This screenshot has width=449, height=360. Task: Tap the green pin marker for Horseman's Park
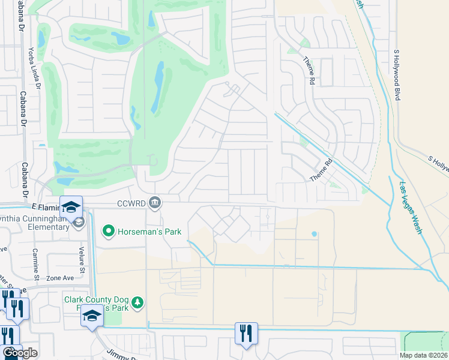pyautogui.click(x=109, y=230)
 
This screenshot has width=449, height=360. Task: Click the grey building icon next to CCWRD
pyautogui.click(x=155, y=202)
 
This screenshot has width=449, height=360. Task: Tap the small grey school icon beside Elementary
pyautogui.click(x=78, y=223)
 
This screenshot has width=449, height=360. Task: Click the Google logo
pyautogui.click(x=20, y=353)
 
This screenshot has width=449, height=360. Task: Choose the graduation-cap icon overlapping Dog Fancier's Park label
pyautogui.click(x=92, y=316)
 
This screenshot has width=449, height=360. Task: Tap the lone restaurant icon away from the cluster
pyautogui.click(x=246, y=333)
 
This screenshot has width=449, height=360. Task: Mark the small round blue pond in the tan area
pyautogui.click(x=313, y=234)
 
